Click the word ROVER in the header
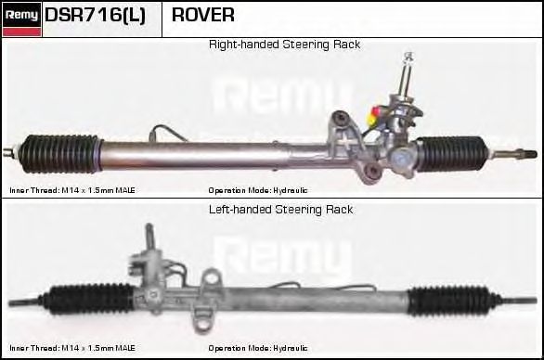203,16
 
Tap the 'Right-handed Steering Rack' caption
284,45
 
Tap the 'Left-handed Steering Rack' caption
281,210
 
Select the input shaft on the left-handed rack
147,238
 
